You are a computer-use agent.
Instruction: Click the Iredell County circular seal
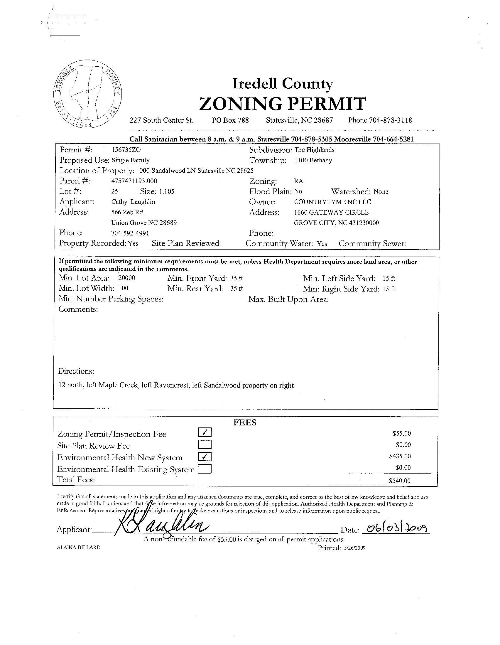click(88, 94)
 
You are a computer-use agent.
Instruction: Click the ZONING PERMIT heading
click(283, 104)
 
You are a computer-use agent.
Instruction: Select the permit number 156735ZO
click(124, 150)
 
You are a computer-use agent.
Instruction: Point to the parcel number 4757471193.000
click(134, 181)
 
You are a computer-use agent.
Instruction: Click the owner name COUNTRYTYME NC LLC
click(332, 202)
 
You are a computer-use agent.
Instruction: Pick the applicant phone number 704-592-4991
click(130, 233)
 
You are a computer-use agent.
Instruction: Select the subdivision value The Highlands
click(314, 150)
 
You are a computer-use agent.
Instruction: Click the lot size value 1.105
click(166, 191)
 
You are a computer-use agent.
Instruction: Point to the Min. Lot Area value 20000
click(127, 278)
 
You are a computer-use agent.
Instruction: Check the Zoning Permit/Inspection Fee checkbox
click(205, 433)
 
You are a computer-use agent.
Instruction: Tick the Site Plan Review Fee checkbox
click(205, 444)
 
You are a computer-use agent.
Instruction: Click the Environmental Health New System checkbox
click(205, 457)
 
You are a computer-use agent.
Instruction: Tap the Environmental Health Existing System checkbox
click(205, 469)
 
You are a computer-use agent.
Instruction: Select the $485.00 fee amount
click(400, 456)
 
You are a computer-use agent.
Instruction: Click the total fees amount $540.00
click(400, 481)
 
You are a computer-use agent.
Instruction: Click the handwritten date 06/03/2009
click(396, 528)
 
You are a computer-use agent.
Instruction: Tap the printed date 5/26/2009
click(355, 548)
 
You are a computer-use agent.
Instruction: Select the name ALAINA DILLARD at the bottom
click(79, 548)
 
